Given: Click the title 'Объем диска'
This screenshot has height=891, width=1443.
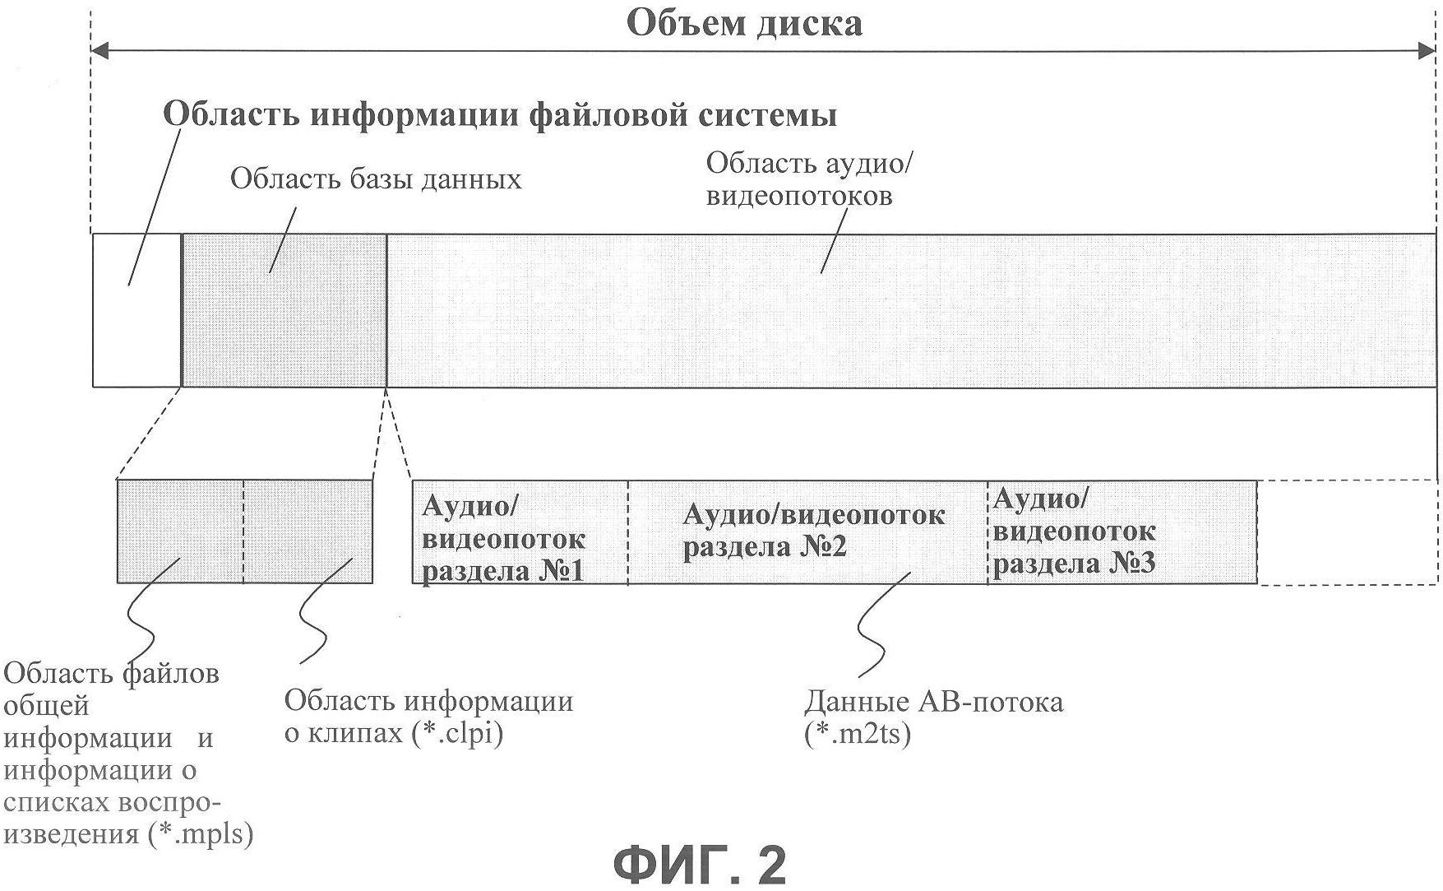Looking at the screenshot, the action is click(744, 22).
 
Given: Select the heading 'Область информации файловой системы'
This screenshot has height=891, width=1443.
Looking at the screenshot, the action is click(500, 114).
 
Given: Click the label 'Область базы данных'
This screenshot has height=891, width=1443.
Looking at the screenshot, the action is click(376, 179).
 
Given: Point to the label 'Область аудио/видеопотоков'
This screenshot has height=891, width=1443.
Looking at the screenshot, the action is click(810, 179).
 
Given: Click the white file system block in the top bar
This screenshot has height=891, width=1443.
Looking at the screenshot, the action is click(136, 310).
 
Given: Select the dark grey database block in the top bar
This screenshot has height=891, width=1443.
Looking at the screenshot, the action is click(284, 310).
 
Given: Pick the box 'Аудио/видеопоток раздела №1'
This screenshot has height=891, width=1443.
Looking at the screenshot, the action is click(520, 532).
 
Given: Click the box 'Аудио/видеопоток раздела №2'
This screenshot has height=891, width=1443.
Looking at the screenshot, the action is click(807, 532).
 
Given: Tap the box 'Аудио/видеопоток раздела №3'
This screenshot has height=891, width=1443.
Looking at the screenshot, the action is click(1122, 532).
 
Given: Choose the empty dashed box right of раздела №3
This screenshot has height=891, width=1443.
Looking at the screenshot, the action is click(1347, 532).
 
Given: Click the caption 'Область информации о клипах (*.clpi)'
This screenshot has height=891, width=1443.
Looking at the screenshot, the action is click(428, 717).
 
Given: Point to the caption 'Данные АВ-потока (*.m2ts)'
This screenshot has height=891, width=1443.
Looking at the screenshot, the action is click(933, 717).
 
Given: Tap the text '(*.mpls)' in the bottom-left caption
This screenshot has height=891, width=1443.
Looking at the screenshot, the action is click(201, 834).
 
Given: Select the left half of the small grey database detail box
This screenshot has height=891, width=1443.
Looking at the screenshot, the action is click(180, 531).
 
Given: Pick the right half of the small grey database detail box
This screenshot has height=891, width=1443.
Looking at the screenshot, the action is click(308, 531).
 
